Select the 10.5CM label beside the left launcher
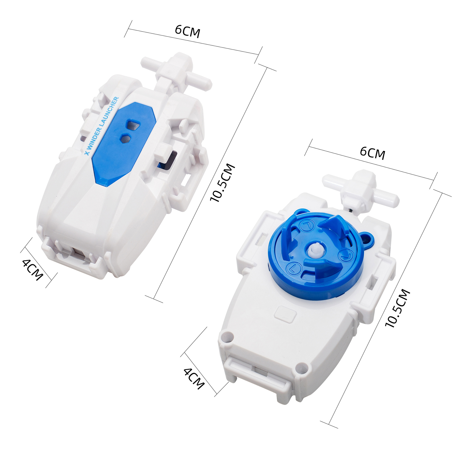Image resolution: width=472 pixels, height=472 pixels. pyautogui.click(x=222, y=183)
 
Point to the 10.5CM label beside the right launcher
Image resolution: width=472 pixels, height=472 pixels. pyautogui.click(x=398, y=308)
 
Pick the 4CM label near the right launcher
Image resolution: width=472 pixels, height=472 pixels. pyautogui.click(x=194, y=378)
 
